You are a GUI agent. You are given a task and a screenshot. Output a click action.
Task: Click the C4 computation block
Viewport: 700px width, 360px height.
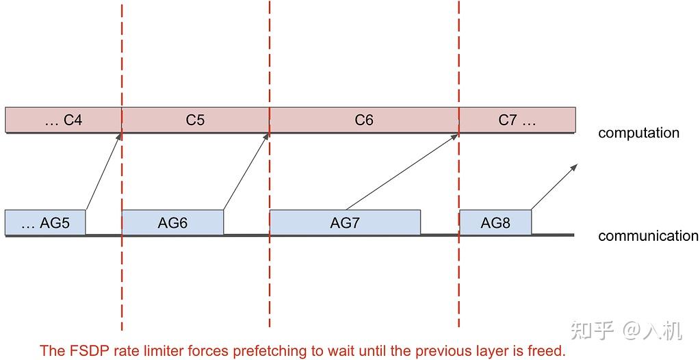(x=63, y=120)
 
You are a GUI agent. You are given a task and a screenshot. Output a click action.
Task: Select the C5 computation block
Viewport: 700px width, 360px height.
(x=195, y=120)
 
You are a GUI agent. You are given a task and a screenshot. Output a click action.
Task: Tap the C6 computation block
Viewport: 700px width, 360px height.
(x=363, y=120)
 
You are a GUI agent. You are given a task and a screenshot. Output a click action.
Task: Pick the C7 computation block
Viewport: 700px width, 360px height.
(x=517, y=120)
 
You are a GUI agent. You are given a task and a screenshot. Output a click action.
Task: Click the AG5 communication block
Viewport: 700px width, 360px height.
(x=45, y=222)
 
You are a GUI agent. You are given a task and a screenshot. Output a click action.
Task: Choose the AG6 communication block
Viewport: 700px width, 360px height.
(x=172, y=222)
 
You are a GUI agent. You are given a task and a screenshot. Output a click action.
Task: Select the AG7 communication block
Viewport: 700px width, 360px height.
(x=345, y=222)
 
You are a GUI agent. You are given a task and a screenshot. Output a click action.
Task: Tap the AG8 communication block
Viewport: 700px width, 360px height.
(x=495, y=222)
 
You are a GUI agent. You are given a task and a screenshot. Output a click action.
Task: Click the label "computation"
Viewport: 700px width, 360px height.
(x=638, y=133)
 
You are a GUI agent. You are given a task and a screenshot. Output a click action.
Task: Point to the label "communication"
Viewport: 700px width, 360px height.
(x=647, y=236)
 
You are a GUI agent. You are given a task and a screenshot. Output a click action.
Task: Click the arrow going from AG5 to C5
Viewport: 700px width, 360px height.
(x=104, y=171)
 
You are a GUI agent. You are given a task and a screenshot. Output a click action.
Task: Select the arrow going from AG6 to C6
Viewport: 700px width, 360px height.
(x=246, y=171)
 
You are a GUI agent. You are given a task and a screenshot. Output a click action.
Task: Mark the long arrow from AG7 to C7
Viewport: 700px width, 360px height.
(x=402, y=171)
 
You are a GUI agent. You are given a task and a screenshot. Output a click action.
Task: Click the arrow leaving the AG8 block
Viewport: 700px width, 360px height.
(x=555, y=186)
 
